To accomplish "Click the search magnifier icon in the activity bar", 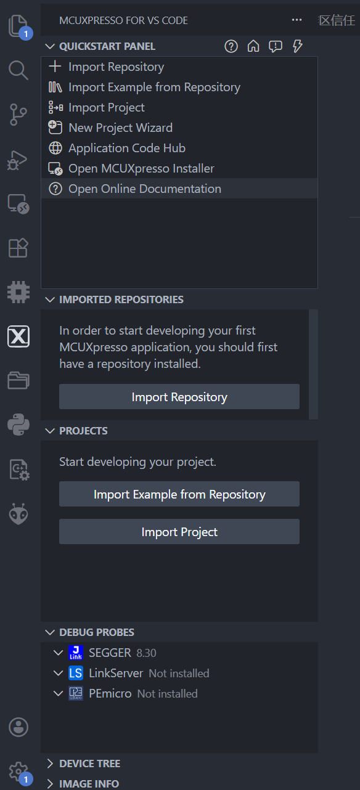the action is [18, 70].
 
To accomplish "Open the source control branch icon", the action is [18, 115].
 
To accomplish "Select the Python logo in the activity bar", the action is [18, 425].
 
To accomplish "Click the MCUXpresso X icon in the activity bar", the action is [18, 336].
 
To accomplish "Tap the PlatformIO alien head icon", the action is [18, 514].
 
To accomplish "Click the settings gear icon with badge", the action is [18, 772].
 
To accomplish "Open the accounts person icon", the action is [18, 727].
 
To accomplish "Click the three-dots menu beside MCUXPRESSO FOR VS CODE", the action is [297, 20].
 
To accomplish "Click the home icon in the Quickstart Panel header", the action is [253, 46].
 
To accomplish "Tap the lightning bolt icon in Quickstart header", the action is [298, 46].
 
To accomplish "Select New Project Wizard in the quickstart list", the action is [120, 128].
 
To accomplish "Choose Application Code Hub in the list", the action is [127, 148].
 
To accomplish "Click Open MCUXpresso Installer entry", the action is [141, 169].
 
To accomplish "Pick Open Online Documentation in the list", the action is [145, 189].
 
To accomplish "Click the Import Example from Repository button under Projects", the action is [179, 494].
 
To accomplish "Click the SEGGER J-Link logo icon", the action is [76, 653].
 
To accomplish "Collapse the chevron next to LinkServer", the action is [58, 674].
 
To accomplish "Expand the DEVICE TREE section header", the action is [89, 764].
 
